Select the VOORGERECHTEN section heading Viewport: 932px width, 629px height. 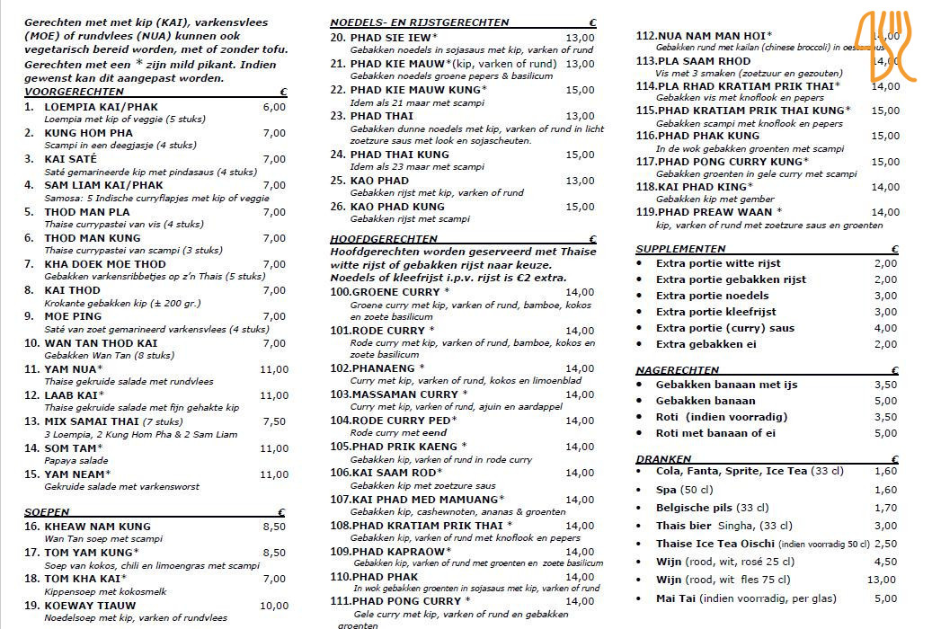pyautogui.click(x=75, y=93)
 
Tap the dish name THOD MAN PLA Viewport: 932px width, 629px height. pyautogui.click(x=87, y=212)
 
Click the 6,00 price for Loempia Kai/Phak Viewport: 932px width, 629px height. pyautogui.click(x=274, y=107)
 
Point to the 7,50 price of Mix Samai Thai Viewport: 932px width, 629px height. pyautogui.click(x=274, y=421)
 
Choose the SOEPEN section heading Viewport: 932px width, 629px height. pyautogui.click(x=47, y=512)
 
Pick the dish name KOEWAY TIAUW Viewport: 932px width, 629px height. pyautogui.click(x=90, y=606)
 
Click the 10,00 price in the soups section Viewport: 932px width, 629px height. pyautogui.click(x=273, y=606)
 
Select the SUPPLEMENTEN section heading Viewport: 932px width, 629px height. pyautogui.click(x=680, y=249)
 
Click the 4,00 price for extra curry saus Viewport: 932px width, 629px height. pyautogui.click(x=885, y=328)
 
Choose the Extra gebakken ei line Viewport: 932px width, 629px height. pyautogui.click(x=706, y=344)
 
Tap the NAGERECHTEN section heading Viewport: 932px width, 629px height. pyautogui.click(x=677, y=370)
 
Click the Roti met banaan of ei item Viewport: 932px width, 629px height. pyautogui.click(x=715, y=433)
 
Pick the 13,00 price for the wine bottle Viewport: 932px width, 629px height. pyautogui.click(x=882, y=580)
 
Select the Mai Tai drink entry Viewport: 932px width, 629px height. pyautogui.click(x=746, y=598)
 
